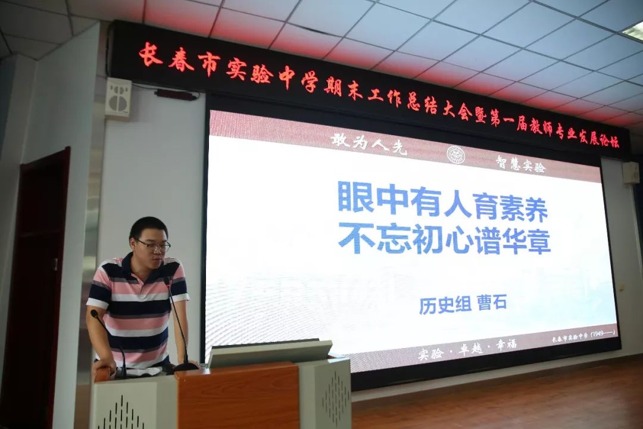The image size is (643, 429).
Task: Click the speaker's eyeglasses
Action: pyautogui.click(x=153, y=245)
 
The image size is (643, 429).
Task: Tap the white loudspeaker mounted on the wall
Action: pyautogui.click(x=118, y=98)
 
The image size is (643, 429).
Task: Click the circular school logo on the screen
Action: pyautogui.click(x=455, y=154)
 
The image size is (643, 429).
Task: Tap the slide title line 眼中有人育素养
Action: pyautogui.click(x=442, y=198)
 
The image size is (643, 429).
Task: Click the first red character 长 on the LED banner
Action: pyautogui.click(x=150, y=55)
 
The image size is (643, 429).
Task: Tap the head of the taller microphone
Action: pyautogui.click(x=167, y=280)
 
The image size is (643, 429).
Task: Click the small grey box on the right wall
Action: pyautogui.click(x=630, y=173)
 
